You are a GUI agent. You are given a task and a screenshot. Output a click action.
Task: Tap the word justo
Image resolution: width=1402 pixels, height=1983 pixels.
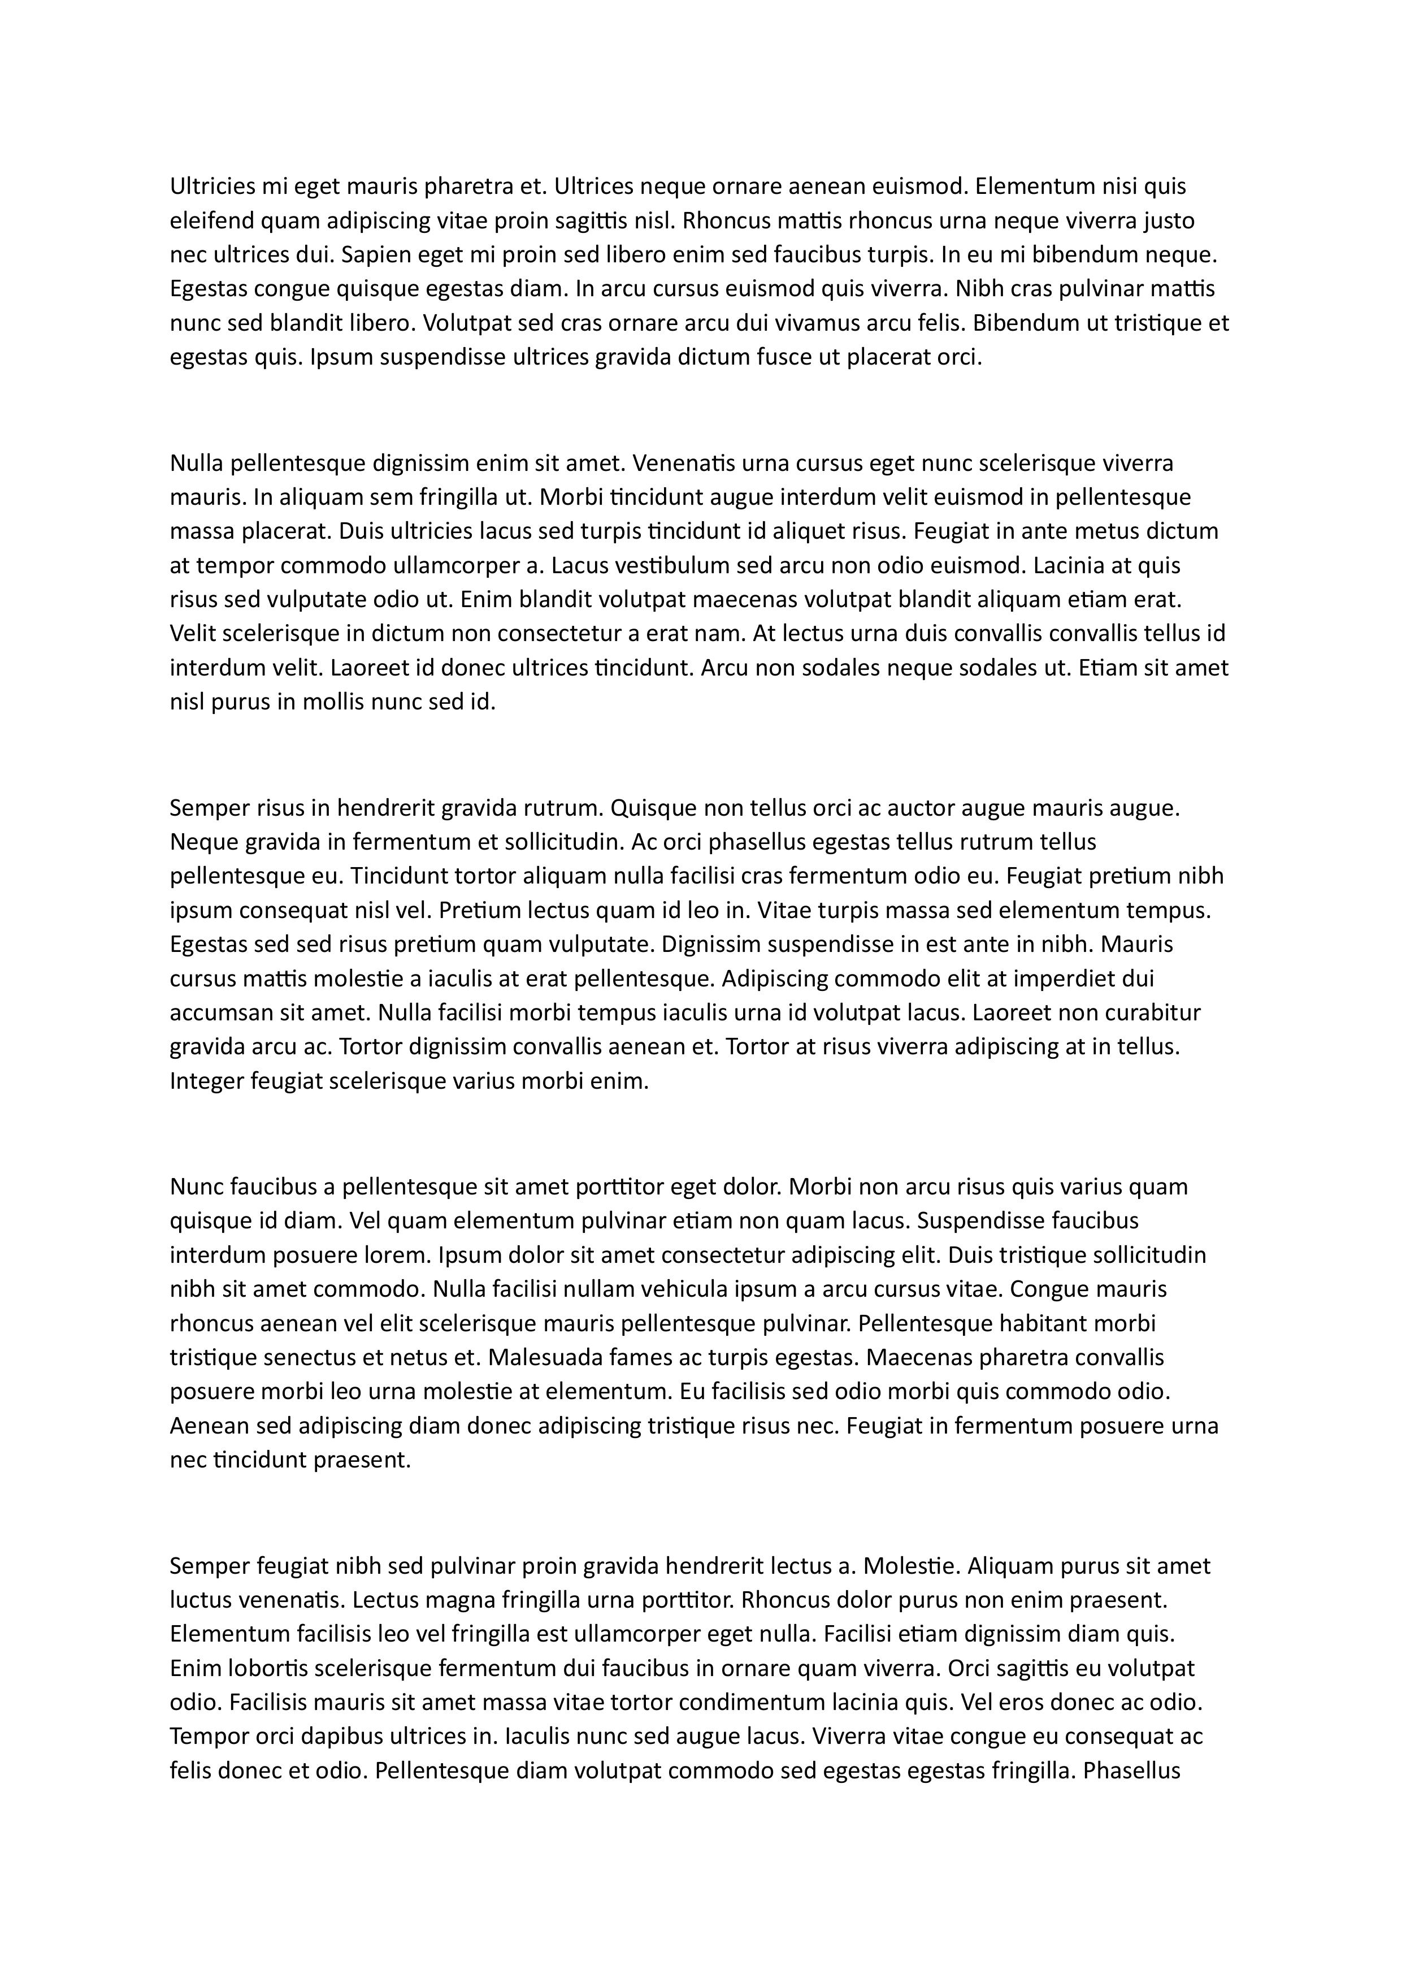pyautogui.click(x=1169, y=221)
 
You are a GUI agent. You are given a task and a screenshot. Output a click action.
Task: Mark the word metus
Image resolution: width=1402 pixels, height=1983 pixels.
pyautogui.click(x=1095, y=531)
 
